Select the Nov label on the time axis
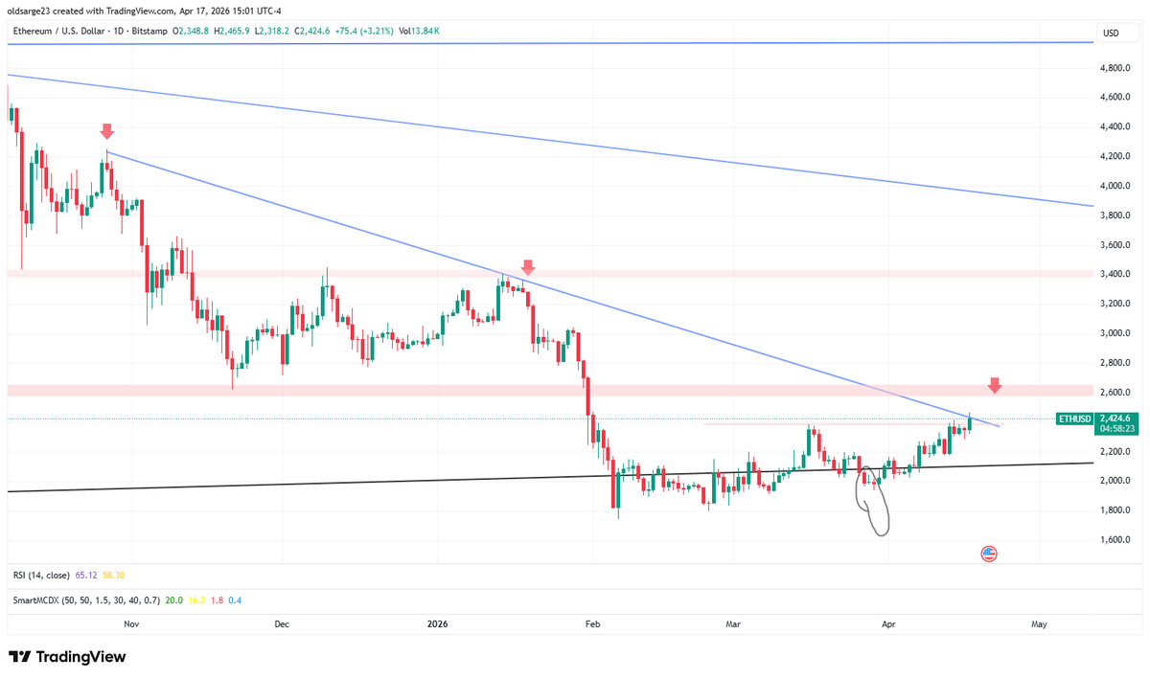[x=132, y=623]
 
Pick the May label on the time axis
[x=1039, y=623]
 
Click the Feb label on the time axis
[x=592, y=623]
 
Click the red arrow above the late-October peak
[x=106, y=131]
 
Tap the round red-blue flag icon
[x=989, y=553]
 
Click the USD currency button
[x=1111, y=33]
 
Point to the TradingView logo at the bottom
[x=67, y=658]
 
